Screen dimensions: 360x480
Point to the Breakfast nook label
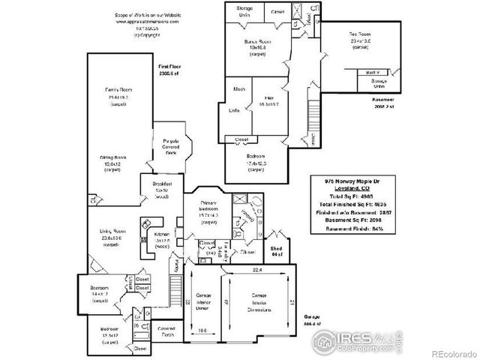click(x=162, y=184)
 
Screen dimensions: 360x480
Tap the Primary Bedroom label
click(x=209, y=208)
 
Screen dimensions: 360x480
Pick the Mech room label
click(x=239, y=90)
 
